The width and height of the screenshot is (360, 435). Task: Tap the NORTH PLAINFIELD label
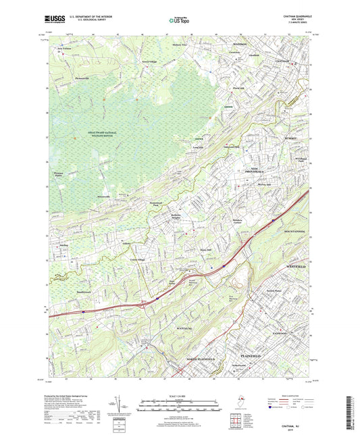point(201,358)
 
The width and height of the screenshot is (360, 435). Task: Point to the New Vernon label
point(64,49)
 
